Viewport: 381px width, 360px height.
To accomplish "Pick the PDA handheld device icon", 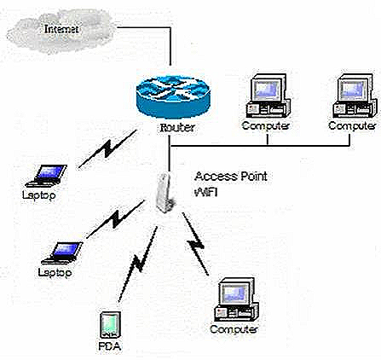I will (x=110, y=326).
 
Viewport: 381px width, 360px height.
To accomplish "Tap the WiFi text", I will (x=208, y=181).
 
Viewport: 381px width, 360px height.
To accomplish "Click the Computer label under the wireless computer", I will (x=233, y=328).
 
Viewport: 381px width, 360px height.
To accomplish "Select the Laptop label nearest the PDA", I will (x=56, y=272).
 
